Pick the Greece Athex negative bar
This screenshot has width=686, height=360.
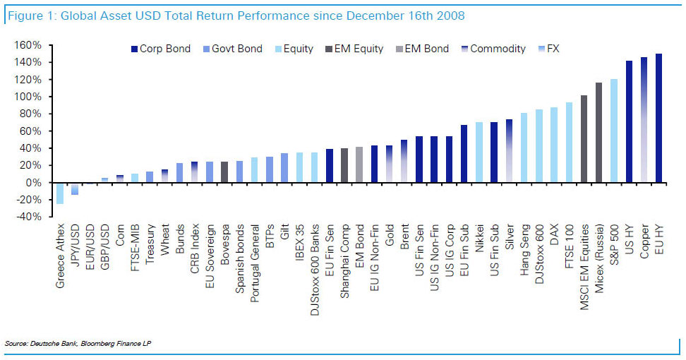coord(60,193)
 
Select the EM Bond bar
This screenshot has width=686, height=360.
coord(359,164)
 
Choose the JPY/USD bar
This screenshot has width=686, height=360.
coord(75,188)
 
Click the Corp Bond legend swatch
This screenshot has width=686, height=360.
coord(133,49)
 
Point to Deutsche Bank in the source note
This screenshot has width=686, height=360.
coord(48,342)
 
